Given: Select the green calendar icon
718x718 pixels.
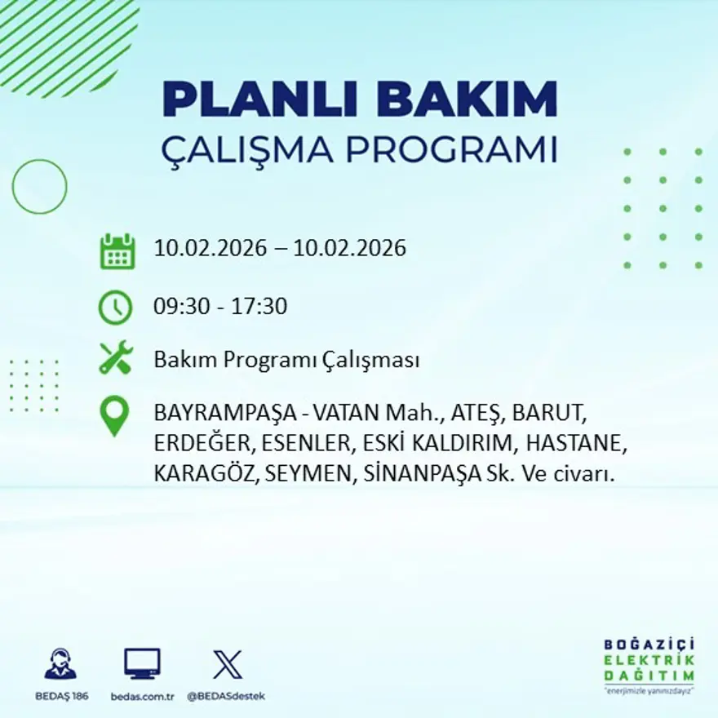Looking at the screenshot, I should tap(117, 251).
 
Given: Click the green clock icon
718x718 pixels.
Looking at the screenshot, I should tap(115, 307).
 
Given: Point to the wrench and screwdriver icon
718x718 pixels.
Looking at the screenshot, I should tap(115, 359).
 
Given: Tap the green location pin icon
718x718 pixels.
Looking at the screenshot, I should tap(114, 415).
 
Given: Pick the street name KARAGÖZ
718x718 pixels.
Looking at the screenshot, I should tap(202, 474).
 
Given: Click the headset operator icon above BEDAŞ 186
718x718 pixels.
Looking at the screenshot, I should tap(60, 664).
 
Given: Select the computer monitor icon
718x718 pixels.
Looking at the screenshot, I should tap(142, 663).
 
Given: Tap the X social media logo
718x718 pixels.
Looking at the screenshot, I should tap(227, 663).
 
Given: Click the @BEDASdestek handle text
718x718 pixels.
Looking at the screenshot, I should tap(226, 696).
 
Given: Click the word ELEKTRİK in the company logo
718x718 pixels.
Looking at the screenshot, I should tap(649, 660).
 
